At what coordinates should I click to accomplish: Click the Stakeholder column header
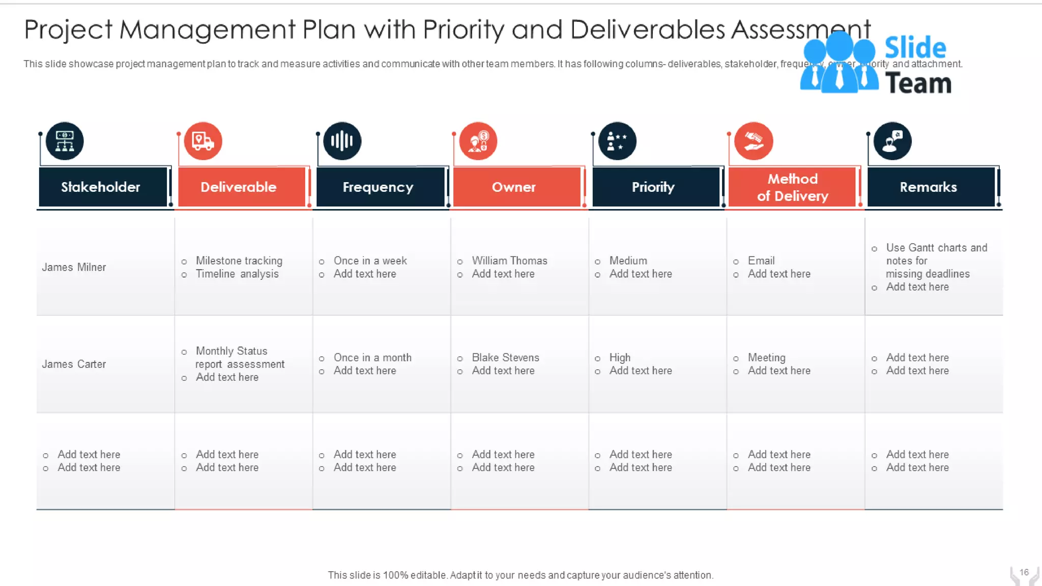point(101,187)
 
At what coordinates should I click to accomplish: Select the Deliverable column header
point(239,187)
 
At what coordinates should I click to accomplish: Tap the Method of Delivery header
point(792,187)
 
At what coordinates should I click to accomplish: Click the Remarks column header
point(928,187)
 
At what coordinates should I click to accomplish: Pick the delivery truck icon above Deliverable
point(203,141)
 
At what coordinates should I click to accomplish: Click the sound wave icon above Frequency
point(342,141)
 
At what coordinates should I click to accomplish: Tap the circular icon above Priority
point(617,141)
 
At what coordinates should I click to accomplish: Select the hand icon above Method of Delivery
point(754,141)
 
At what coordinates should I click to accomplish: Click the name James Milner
point(74,267)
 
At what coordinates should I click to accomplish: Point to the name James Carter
point(74,364)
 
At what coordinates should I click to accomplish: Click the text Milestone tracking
point(239,260)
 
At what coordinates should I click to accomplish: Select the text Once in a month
point(372,358)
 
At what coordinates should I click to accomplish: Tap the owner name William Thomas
point(509,260)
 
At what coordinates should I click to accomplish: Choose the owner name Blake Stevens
point(505,358)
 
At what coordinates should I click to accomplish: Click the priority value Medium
point(628,260)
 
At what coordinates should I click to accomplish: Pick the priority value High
point(620,358)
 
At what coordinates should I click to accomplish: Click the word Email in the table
point(761,260)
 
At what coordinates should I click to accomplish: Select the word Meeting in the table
point(766,358)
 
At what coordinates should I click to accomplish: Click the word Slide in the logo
point(915,48)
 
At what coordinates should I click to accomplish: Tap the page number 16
point(1024,572)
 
